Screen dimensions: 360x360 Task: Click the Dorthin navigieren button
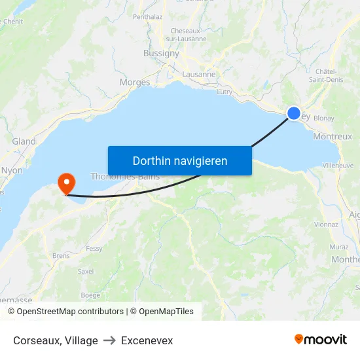click(x=180, y=160)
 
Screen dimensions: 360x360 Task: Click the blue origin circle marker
click(x=294, y=113)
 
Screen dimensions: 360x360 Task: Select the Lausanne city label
click(x=199, y=74)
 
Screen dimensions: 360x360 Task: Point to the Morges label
click(x=135, y=82)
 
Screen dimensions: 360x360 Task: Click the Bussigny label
click(x=161, y=54)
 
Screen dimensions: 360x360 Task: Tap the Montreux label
click(x=333, y=136)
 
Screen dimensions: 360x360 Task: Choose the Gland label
click(x=24, y=141)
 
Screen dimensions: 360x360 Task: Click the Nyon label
click(x=12, y=170)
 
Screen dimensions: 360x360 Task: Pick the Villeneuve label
click(x=338, y=166)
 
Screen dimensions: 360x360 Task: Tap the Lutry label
click(x=225, y=92)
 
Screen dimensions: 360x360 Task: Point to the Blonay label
click(x=325, y=118)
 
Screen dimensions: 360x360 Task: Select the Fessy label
click(x=94, y=249)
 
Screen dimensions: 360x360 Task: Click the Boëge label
click(x=90, y=295)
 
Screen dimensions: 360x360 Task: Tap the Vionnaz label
click(x=326, y=224)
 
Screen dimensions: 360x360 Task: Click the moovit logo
click(x=320, y=339)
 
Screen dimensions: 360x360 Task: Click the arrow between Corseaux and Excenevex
click(x=109, y=340)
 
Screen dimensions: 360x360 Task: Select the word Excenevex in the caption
click(x=147, y=340)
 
